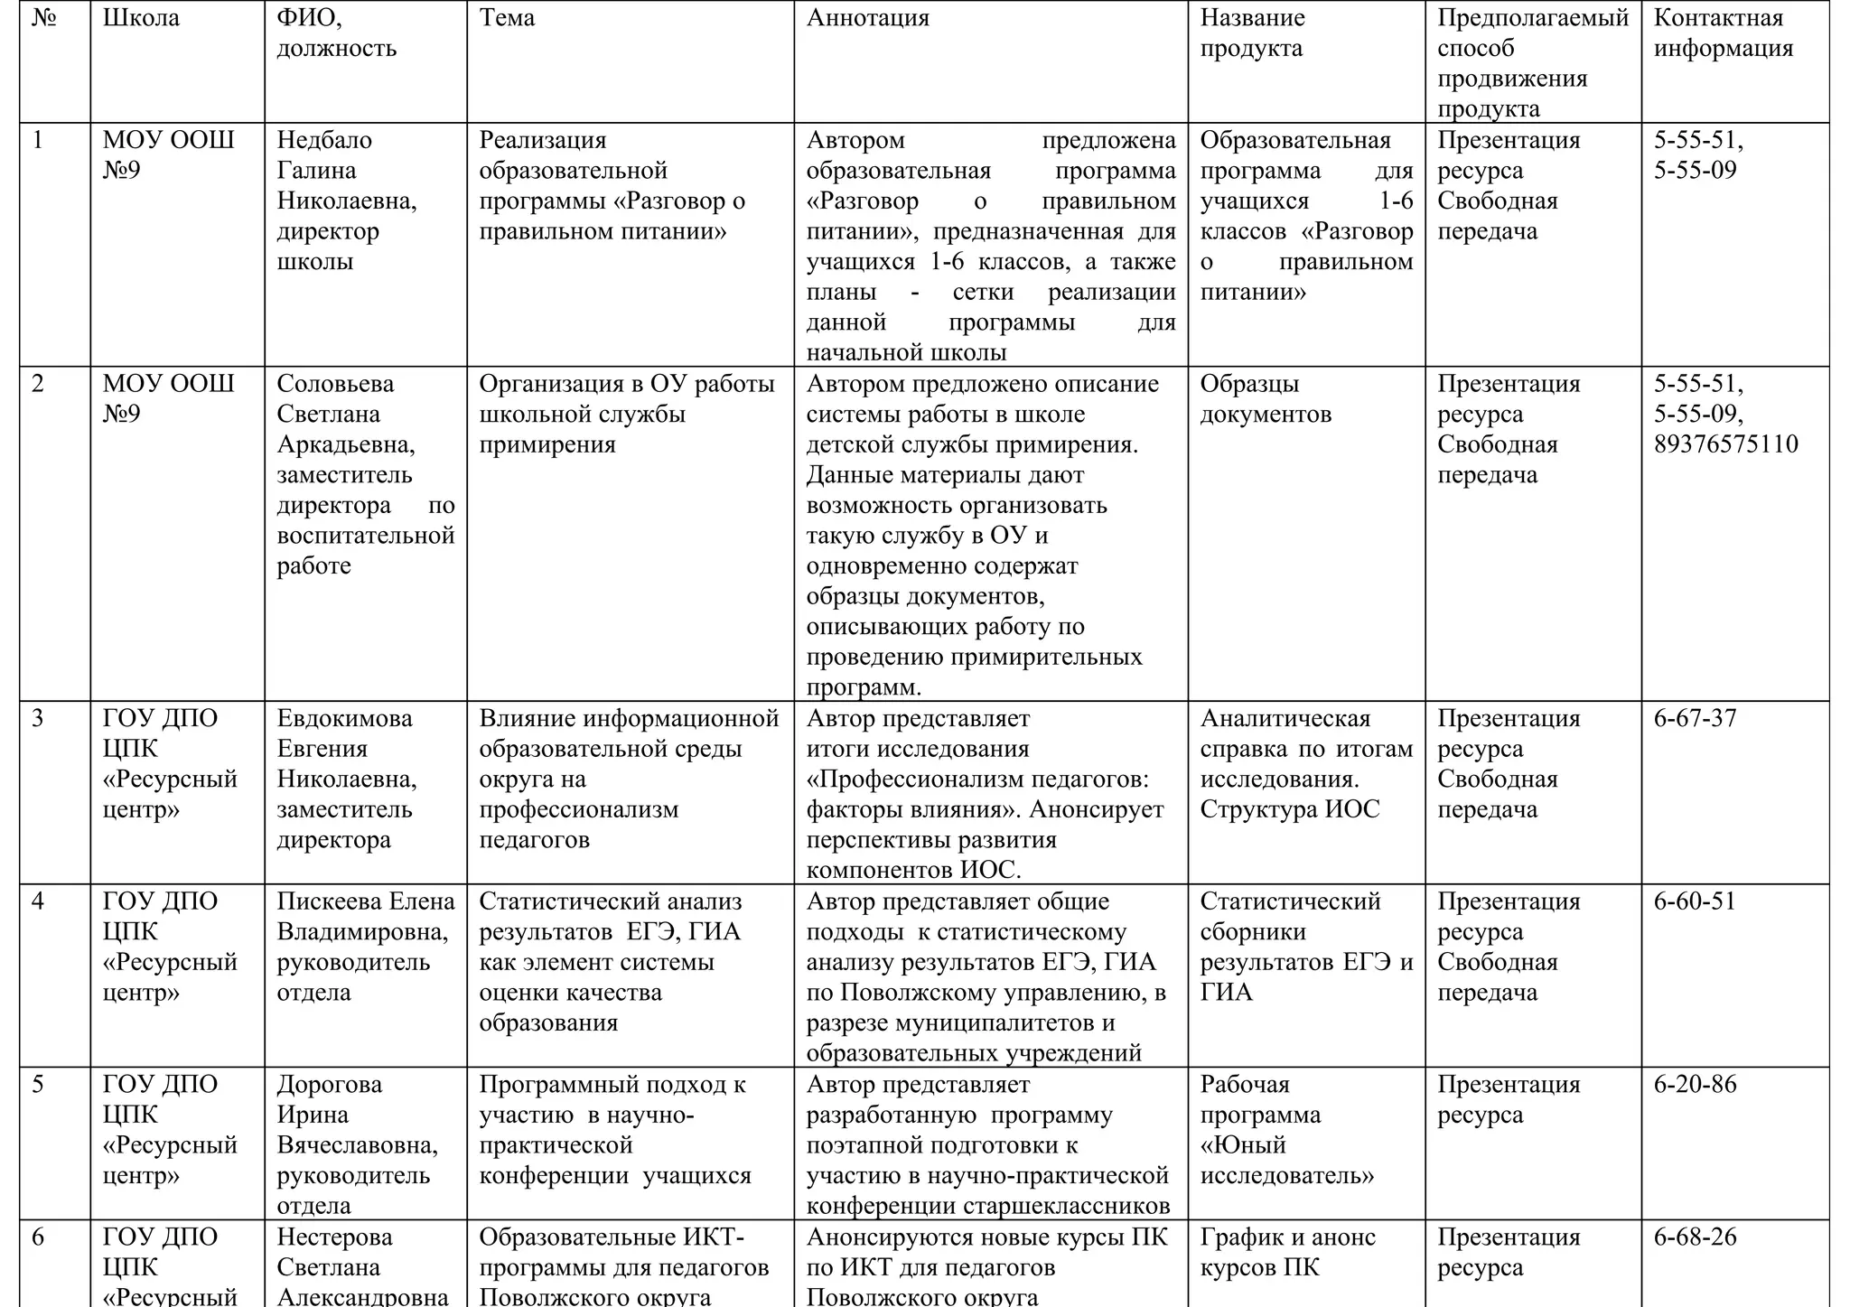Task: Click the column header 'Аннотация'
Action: coord(867,18)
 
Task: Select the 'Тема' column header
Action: coord(507,18)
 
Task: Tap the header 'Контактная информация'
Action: coord(1723,33)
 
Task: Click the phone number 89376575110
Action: coord(1725,444)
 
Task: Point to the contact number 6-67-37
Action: coord(1695,718)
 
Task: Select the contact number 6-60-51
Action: coord(1695,901)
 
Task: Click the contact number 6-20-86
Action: coord(1695,1084)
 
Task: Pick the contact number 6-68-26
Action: coord(1695,1237)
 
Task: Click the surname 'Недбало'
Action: coord(324,140)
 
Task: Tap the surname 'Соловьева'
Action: coord(335,384)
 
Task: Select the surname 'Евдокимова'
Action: coord(344,718)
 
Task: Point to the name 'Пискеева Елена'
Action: coord(366,901)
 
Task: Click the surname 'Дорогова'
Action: coord(329,1084)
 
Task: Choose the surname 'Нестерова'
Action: coord(334,1237)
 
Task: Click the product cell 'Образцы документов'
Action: coord(1265,399)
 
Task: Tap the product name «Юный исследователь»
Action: coord(1286,1161)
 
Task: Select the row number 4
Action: coord(38,901)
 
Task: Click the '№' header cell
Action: coord(43,18)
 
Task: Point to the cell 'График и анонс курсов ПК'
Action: coord(1287,1252)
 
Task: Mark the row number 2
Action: coord(38,384)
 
